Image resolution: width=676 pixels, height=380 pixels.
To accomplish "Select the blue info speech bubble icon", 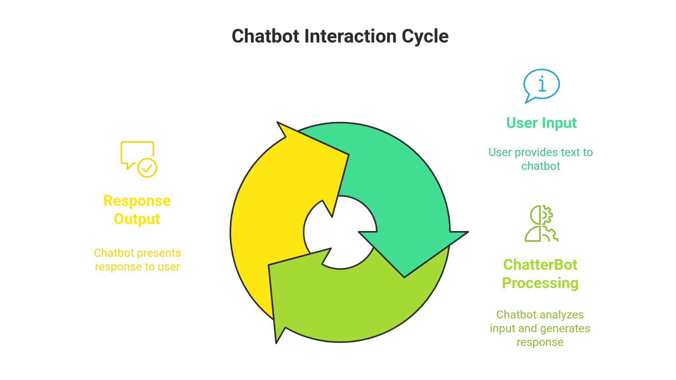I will coord(541,85).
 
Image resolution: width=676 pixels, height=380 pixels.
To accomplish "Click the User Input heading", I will coord(541,123).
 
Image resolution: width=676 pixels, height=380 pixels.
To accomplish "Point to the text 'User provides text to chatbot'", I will coord(540,159).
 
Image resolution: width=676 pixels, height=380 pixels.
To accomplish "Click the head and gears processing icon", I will coord(541,224).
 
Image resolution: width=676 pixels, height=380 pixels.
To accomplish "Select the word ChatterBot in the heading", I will coord(540,265).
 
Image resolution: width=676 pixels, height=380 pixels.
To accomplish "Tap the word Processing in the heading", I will coord(540,283).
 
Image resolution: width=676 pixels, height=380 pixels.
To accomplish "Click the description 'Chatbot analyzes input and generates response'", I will coord(540,328).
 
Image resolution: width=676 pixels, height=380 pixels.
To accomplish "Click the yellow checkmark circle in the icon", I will coord(147,168).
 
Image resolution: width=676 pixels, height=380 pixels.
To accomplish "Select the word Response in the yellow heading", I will coord(137,201).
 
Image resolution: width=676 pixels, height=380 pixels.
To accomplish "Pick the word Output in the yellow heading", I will coord(137,219).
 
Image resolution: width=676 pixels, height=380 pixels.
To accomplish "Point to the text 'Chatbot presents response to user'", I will coord(137,260).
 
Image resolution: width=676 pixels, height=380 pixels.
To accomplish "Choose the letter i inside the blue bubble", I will coord(542,84).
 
